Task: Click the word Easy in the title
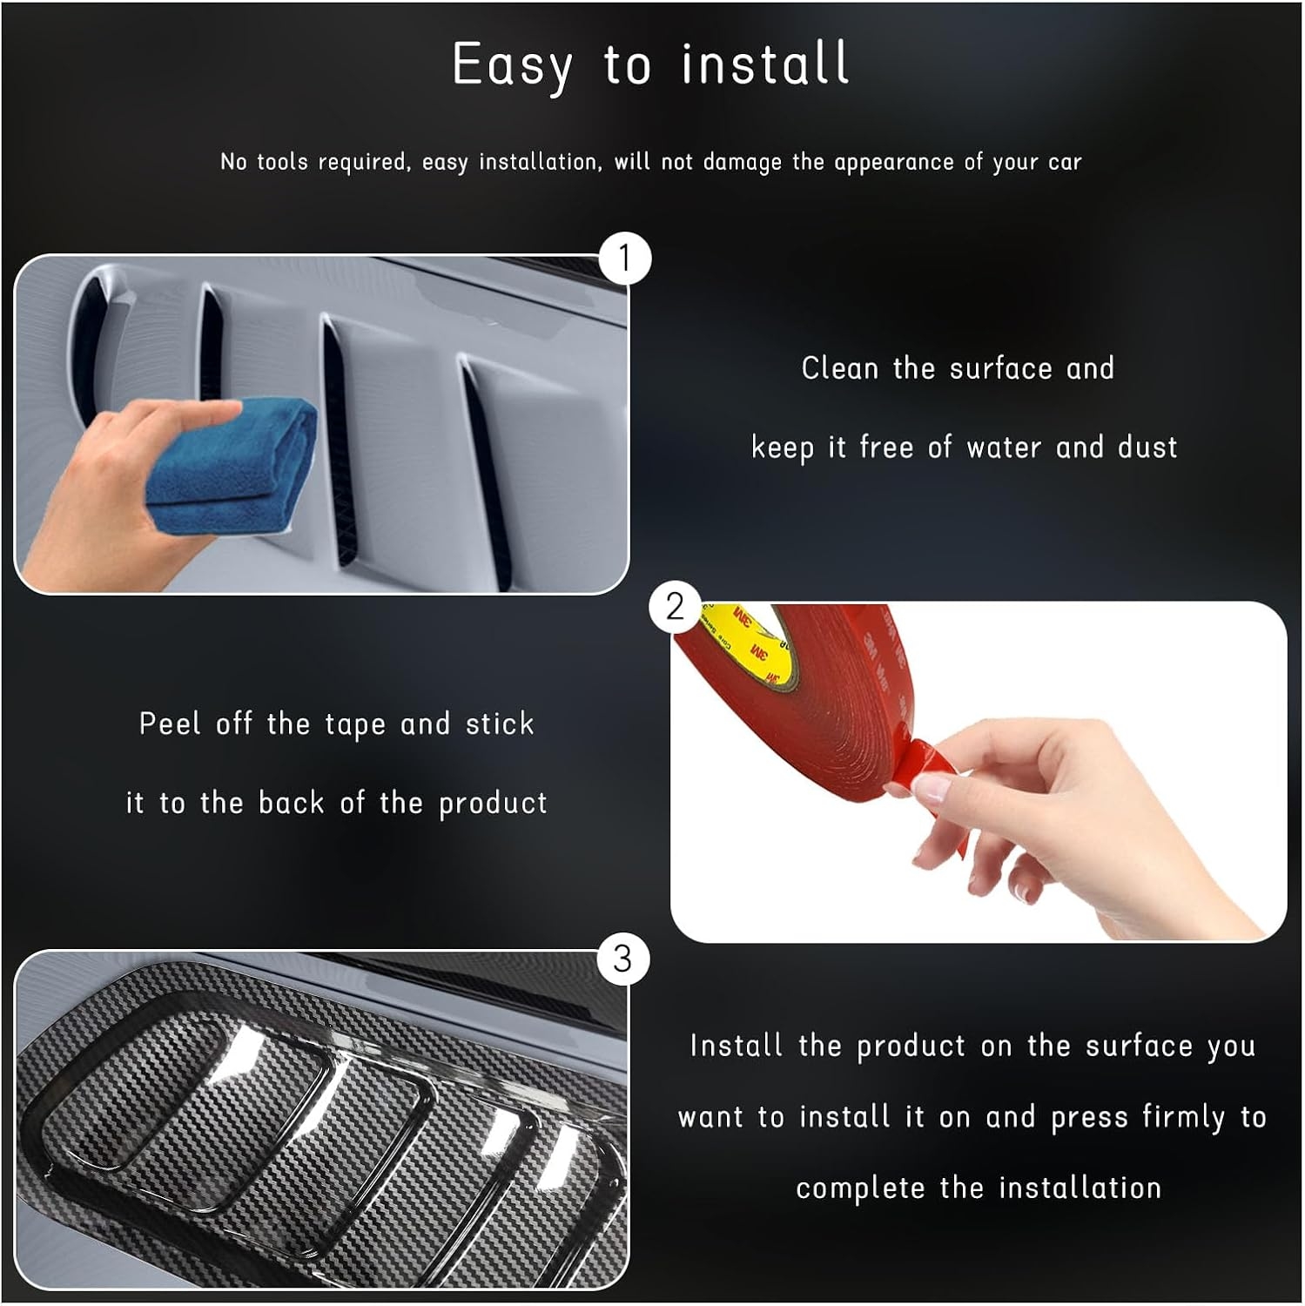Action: pos(513,66)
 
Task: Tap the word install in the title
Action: pos(765,63)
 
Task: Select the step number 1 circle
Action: pos(624,258)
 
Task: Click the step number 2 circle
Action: pos(675,607)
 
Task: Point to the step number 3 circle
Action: pos(622,959)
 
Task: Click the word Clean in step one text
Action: pos(840,368)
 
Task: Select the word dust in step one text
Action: pos(1147,448)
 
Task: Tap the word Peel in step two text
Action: pos(170,724)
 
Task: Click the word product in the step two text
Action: pos(493,804)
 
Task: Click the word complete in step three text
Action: pos(860,1189)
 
